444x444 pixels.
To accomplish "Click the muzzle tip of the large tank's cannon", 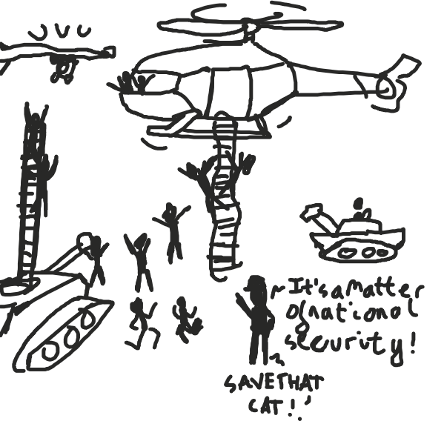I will (x=87, y=241).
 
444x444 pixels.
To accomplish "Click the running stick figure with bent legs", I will (x=141, y=322).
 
